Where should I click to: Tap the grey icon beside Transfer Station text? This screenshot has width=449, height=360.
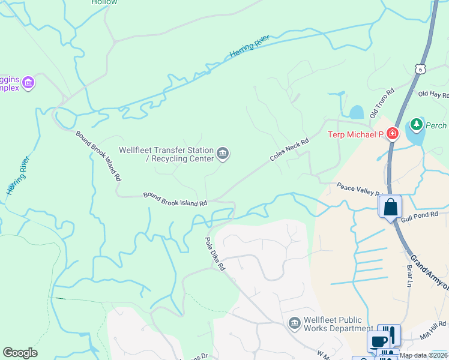point(223,155)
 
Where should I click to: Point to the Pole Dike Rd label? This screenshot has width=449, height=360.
point(214,254)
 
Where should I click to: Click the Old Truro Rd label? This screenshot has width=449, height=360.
point(381,103)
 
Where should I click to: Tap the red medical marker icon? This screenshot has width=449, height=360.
point(393,133)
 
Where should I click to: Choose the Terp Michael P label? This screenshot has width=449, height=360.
point(355,134)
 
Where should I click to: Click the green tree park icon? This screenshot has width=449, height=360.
point(415,125)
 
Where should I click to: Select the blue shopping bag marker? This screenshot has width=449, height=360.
point(390,208)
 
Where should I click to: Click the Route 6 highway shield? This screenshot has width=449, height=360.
point(420,70)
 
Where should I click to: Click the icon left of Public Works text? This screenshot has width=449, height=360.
point(295,324)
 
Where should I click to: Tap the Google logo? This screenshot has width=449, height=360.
point(20,353)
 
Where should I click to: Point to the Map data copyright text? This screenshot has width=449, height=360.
point(424,355)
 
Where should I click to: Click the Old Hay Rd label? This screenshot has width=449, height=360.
point(433,94)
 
